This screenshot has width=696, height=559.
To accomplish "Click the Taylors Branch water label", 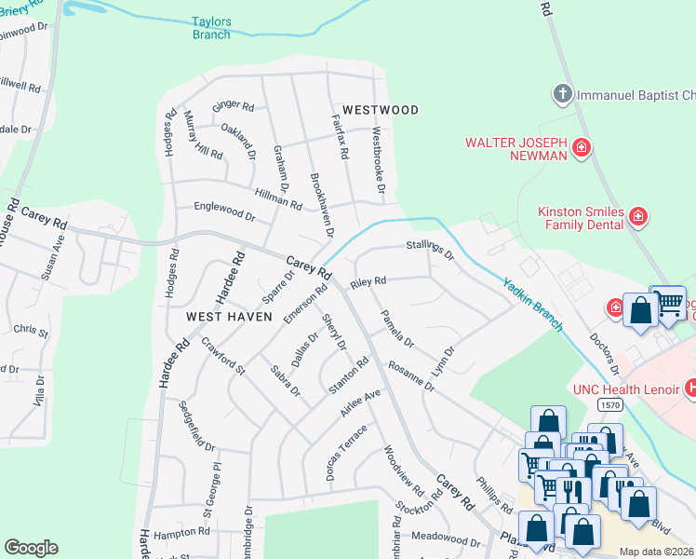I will click(x=211, y=27).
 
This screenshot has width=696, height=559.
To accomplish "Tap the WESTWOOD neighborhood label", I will click(x=380, y=110).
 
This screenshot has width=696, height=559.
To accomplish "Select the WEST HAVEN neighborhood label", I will click(x=229, y=317).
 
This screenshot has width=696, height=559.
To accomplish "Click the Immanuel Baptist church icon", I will click(x=561, y=94).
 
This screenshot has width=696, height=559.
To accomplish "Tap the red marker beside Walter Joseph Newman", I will click(x=582, y=147).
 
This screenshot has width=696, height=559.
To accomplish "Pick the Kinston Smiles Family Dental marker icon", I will click(x=638, y=218).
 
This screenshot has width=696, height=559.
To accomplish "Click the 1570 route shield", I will click(x=610, y=405).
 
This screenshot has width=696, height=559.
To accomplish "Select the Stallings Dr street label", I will click(x=429, y=250).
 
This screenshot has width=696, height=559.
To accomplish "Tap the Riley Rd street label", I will click(x=368, y=281).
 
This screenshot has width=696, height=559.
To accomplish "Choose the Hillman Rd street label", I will click(x=278, y=197).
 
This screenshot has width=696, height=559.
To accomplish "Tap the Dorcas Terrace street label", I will click(x=346, y=454).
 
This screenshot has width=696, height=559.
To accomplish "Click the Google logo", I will click(x=31, y=548).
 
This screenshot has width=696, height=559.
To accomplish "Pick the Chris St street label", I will click(x=31, y=330).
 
